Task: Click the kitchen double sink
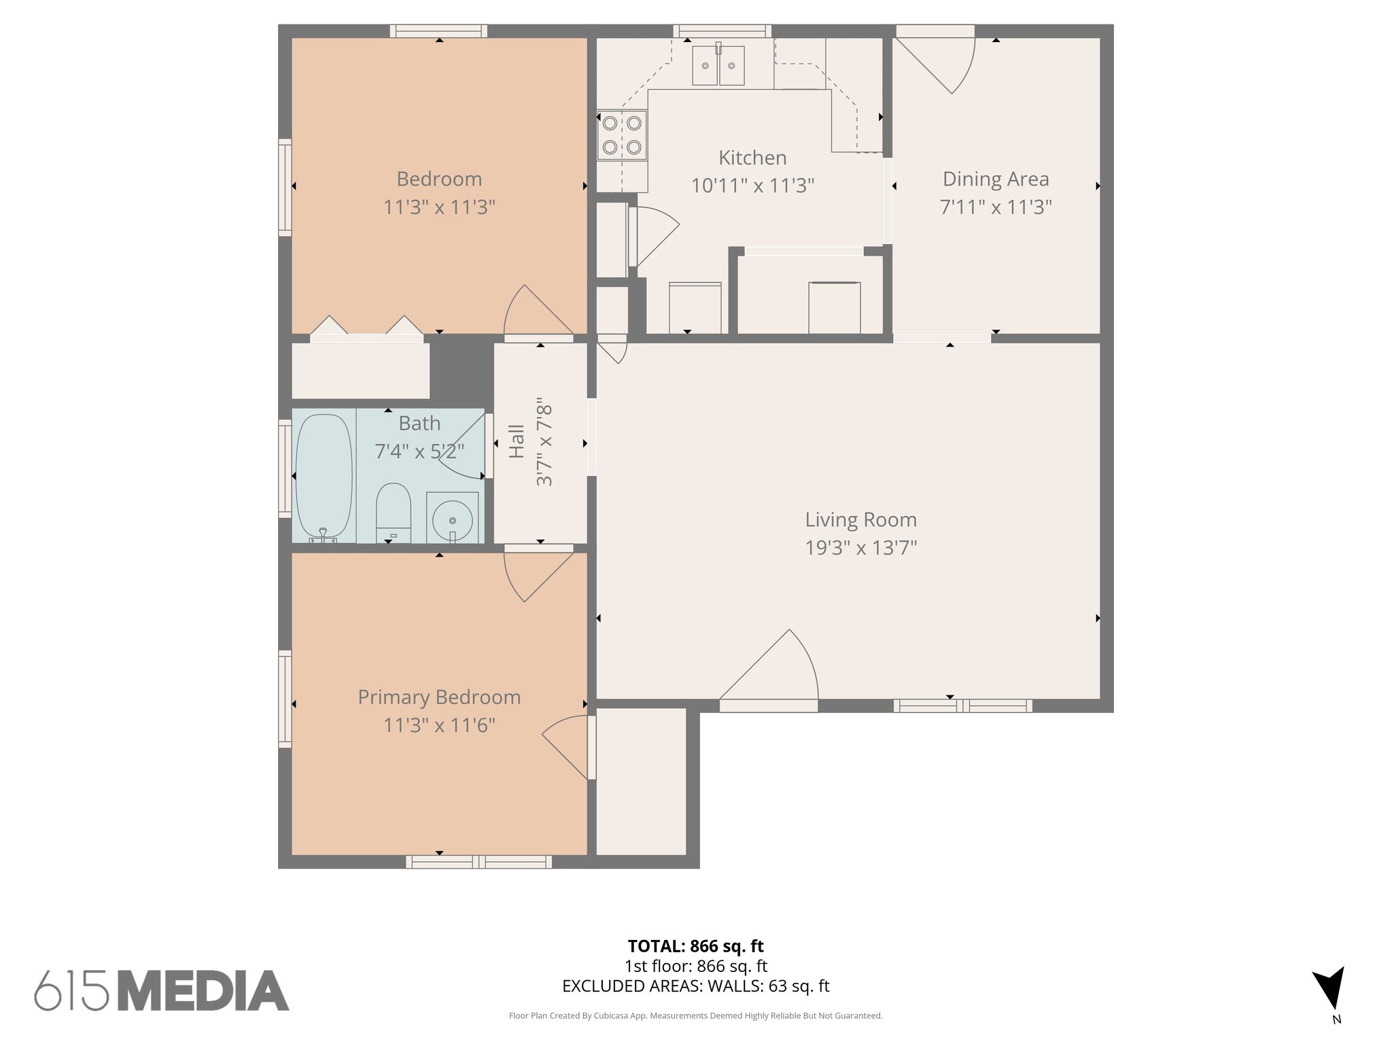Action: click(x=718, y=66)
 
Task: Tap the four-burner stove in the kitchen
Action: click(x=621, y=135)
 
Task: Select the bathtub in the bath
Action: click(x=324, y=477)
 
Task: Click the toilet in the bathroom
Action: click(x=393, y=512)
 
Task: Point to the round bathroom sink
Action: click(x=453, y=518)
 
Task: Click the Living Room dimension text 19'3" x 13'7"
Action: click(x=860, y=548)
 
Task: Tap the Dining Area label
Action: click(x=995, y=179)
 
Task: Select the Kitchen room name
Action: click(x=752, y=158)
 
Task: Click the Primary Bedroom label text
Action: click(x=439, y=697)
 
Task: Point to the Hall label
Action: click(x=517, y=441)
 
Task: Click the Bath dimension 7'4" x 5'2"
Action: click(x=419, y=451)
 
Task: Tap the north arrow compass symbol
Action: click(x=1330, y=988)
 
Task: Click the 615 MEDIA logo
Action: click(x=162, y=990)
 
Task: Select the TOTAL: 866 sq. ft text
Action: click(x=695, y=946)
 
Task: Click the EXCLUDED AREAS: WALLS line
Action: click(x=695, y=986)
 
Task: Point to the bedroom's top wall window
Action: click(x=438, y=31)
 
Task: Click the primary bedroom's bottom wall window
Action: click(x=478, y=862)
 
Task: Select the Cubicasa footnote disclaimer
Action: click(x=695, y=1016)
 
